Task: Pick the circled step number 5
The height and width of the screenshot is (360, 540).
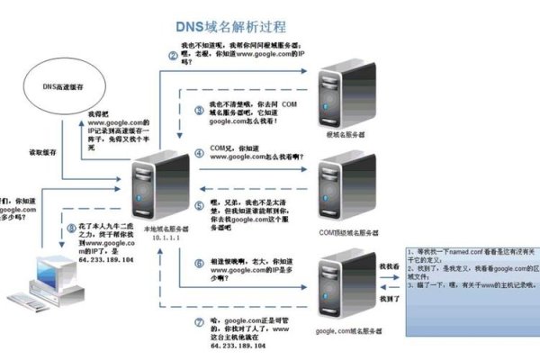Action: [x=201, y=204]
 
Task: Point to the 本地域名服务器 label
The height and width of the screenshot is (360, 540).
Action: [x=143, y=230]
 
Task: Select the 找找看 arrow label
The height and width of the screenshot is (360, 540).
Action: [x=388, y=266]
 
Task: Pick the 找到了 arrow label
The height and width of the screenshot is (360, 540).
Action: [x=388, y=298]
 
